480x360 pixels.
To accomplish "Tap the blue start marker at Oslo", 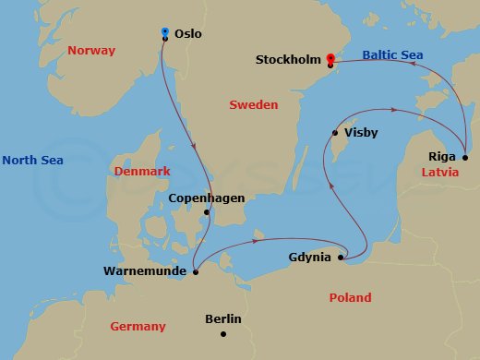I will tap(164, 32).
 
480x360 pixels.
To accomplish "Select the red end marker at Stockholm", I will tap(330, 59).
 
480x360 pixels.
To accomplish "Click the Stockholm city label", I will tap(289, 61).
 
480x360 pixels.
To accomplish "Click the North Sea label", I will tap(32, 161).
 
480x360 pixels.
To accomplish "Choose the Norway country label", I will tap(90, 52).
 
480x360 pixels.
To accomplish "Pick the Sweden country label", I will tap(253, 105).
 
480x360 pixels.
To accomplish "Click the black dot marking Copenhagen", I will tap(207, 213).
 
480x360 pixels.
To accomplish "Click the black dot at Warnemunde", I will tap(196, 271).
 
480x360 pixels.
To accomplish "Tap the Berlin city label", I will tap(222, 319).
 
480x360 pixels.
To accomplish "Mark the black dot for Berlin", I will tap(223, 335).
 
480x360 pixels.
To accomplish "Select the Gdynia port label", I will tap(309, 257).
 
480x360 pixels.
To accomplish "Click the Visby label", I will tap(360, 133).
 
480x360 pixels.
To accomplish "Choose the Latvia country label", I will tap(440, 173).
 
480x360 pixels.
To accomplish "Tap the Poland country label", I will tap(350, 298).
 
